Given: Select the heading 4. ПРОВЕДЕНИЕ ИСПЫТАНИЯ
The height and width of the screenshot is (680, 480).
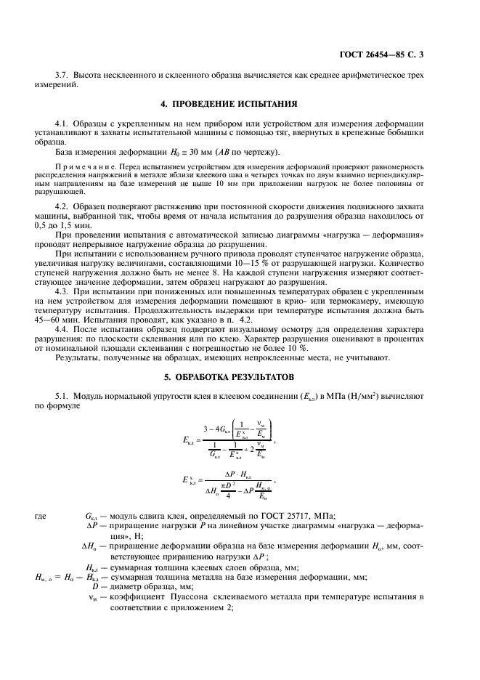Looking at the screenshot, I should tap(240, 103).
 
